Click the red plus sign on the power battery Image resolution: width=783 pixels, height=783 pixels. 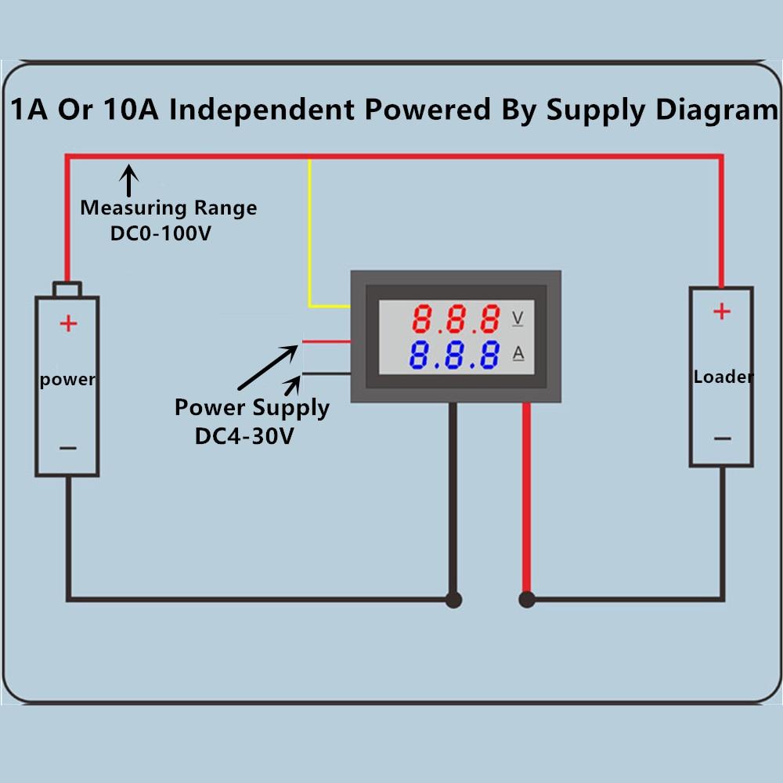69,323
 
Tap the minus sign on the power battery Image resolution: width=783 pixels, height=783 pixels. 68,449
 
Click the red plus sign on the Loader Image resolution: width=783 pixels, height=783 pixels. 721,312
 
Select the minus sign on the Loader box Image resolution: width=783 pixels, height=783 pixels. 721,438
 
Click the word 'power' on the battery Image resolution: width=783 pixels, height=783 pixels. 67,380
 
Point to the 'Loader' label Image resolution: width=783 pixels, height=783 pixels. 723,377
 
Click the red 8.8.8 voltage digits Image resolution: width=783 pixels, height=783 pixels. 456,319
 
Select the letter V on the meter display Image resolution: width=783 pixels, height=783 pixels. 518,318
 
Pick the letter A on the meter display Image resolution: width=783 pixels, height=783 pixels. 518,354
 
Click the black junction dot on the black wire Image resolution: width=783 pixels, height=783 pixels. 453,601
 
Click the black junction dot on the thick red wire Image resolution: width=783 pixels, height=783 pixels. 527,601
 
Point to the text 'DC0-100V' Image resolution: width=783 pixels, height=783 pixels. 161,233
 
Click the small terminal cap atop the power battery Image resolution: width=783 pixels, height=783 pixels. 67,289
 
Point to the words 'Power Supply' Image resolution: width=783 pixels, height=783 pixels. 251,408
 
